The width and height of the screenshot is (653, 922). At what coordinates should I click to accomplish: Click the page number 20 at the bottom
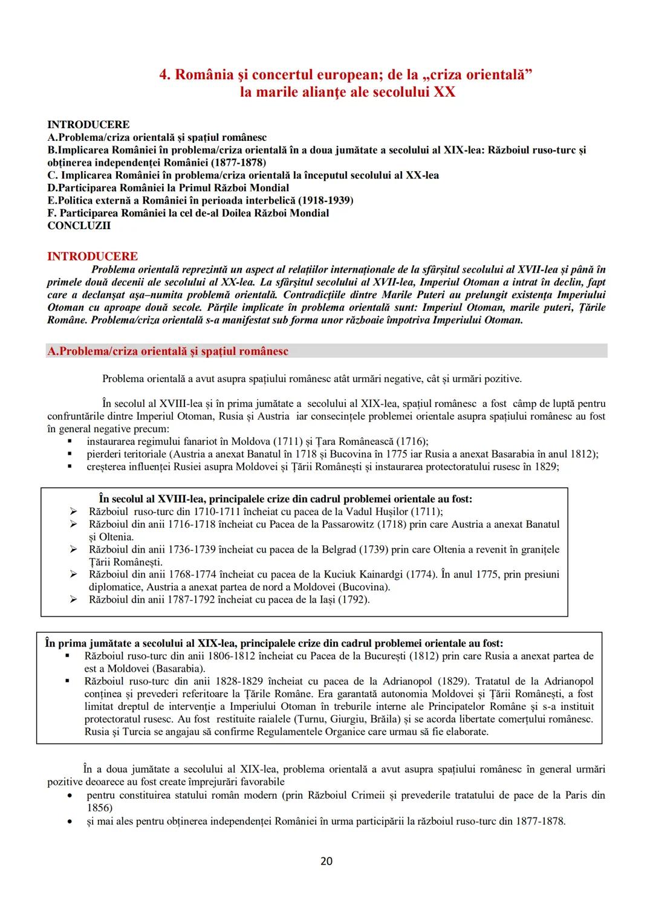pyautogui.click(x=326, y=861)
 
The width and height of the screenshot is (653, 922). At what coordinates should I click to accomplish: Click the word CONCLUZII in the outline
pyautogui.click(x=79, y=226)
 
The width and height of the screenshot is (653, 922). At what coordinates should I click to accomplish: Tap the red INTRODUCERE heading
pyautogui.click(x=93, y=256)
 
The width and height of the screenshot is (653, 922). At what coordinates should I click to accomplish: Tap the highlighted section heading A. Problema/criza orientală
pyautogui.click(x=167, y=351)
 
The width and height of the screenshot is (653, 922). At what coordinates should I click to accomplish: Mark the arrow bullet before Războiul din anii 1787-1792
pyautogui.click(x=74, y=600)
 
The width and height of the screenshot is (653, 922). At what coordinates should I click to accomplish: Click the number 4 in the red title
pyautogui.click(x=163, y=75)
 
